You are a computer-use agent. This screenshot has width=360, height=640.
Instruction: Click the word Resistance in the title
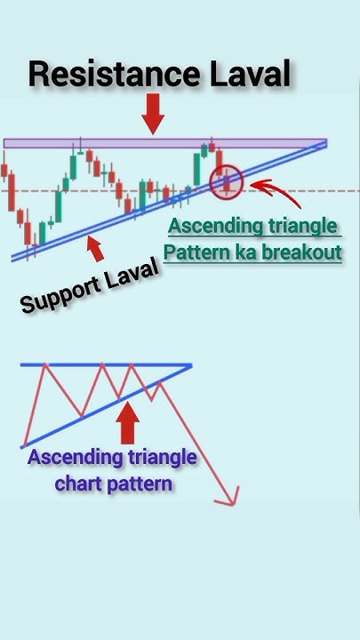[111, 75]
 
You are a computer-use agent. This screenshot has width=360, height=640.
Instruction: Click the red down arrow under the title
[154, 115]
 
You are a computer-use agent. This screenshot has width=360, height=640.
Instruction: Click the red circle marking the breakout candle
[227, 181]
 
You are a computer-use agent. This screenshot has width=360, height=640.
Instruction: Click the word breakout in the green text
[299, 252]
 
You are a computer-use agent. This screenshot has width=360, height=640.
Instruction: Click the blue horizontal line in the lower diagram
[107, 365]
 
